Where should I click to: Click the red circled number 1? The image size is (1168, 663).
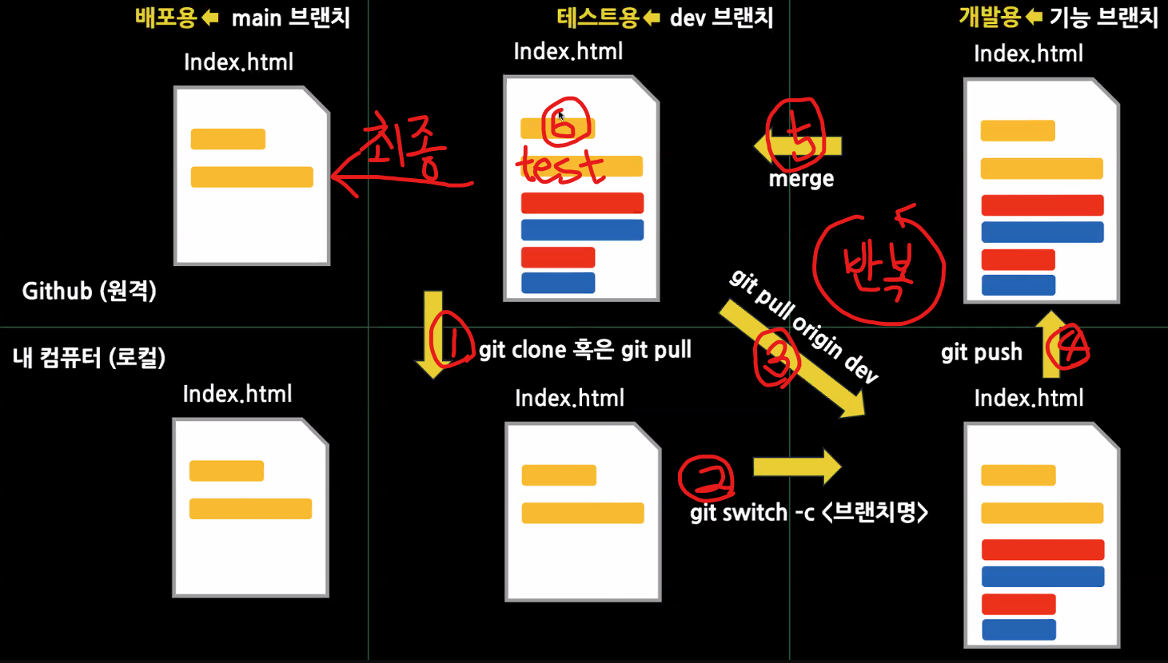tap(452, 339)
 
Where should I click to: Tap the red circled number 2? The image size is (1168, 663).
tap(706, 478)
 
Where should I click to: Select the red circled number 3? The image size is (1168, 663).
tap(775, 359)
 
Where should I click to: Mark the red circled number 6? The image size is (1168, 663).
tap(565, 124)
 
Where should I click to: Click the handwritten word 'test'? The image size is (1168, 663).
tap(560, 166)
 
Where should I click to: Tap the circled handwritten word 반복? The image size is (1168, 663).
tap(879, 270)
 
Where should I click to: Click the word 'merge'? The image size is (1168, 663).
tap(801, 179)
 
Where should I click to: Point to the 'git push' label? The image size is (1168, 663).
tap(981, 352)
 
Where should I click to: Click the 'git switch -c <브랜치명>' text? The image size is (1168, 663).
tap(808, 512)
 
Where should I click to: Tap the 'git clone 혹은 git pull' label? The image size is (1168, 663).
tap(584, 350)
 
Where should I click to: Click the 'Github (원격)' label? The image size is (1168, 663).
tap(89, 291)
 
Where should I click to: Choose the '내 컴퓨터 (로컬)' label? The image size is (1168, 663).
tap(89, 357)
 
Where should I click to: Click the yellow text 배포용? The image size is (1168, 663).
tap(165, 18)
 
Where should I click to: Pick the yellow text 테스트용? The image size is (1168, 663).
tap(597, 18)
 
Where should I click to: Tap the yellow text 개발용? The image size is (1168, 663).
tap(990, 18)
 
